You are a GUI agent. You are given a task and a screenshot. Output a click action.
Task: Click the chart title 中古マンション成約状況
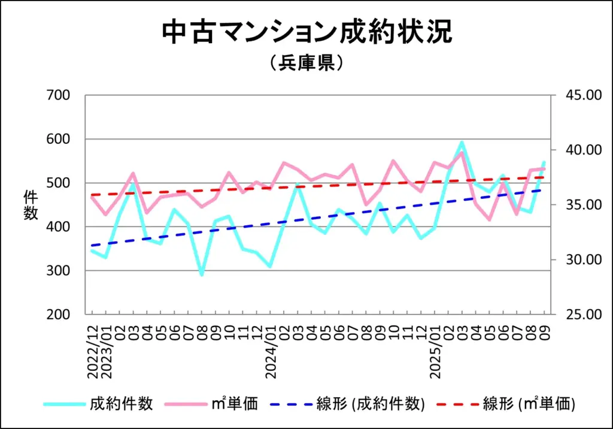[306, 33]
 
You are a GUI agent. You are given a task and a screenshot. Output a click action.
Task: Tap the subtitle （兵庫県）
[306, 63]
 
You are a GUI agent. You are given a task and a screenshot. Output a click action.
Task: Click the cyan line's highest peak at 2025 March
[462, 143]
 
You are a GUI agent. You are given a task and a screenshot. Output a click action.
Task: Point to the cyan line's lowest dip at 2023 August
[202, 274]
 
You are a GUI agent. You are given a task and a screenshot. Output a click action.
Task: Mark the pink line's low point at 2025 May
[489, 219]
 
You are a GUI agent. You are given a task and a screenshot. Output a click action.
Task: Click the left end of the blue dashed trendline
[92, 246]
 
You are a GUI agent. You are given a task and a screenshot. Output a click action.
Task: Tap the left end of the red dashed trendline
[92, 195]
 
